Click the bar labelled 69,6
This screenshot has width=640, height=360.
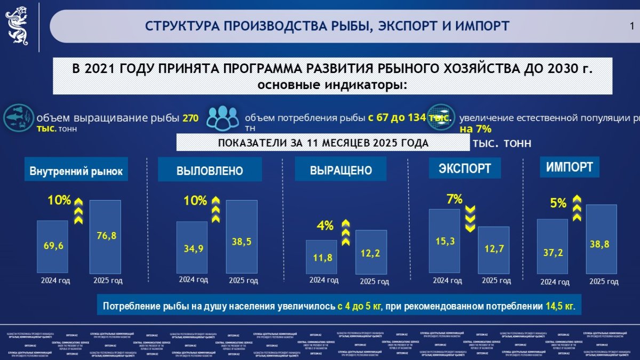click(53, 246)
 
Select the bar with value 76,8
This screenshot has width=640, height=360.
click(105, 236)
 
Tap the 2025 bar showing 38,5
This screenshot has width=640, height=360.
click(242, 236)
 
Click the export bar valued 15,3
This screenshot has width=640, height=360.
click(444, 241)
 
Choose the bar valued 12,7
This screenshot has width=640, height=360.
click(493, 249)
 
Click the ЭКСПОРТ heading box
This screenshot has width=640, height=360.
click(465, 169)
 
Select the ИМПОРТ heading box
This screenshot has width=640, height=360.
click(569, 167)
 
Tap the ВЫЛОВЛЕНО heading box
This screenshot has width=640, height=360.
click(210, 171)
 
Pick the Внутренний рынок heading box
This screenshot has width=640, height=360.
click(76, 171)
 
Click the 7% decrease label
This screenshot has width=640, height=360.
click(454, 199)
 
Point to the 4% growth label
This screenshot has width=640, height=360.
click(325, 226)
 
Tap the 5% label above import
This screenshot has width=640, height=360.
click(558, 203)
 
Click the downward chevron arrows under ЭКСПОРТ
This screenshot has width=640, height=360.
click(470, 219)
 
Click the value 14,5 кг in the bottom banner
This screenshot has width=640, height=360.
click(559, 307)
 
